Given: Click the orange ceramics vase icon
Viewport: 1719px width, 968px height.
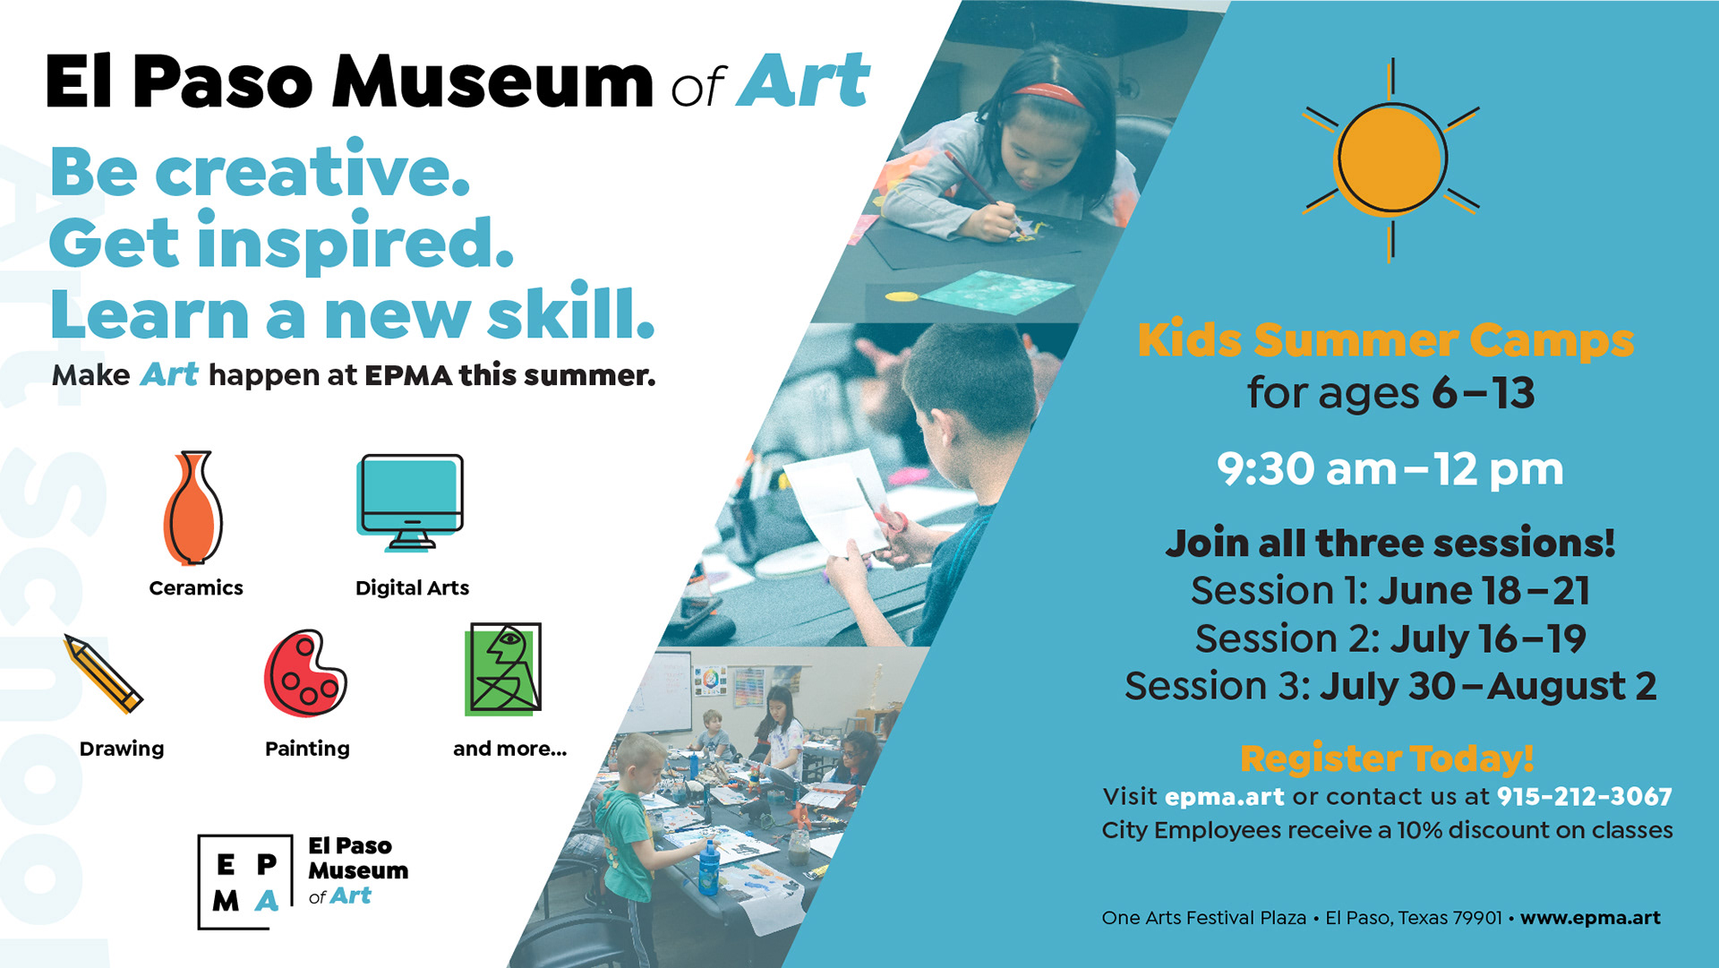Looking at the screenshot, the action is (192, 508).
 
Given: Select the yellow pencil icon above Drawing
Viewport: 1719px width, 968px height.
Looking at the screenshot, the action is (103, 673).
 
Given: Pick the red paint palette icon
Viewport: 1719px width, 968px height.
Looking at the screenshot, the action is (305, 673).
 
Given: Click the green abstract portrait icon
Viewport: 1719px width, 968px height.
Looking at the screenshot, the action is (503, 669).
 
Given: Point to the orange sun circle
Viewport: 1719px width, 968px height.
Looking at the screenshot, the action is (1390, 159).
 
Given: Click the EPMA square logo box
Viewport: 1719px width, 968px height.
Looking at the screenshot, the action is (245, 882).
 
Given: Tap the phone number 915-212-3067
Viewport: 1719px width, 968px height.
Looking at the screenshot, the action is (1585, 796).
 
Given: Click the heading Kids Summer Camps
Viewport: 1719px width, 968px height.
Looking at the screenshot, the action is (1386, 340).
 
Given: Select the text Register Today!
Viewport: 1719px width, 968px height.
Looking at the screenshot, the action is (1387, 758).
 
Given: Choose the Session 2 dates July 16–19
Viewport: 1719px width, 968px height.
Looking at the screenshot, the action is (1488, 638).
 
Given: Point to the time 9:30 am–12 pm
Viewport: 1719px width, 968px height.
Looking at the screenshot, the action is (1390, 469).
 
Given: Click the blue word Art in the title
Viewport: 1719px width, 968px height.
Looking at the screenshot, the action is (803, 81).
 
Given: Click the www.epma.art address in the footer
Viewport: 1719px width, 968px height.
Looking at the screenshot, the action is (1590, 918).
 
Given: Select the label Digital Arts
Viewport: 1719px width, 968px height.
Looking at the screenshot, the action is (412, 587).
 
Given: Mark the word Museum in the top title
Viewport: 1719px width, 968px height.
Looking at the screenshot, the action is (492, 81).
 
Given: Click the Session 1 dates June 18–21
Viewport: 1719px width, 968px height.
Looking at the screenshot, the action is (1484, 591).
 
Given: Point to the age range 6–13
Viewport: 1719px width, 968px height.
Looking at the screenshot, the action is (1484, 393).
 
